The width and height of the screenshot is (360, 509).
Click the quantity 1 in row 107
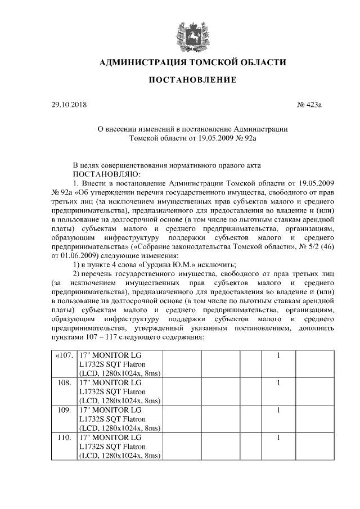(x=278, y=357)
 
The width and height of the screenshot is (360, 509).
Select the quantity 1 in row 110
(x=278, y=437)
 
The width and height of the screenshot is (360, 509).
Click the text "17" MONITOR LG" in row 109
(x=110, y=410)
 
